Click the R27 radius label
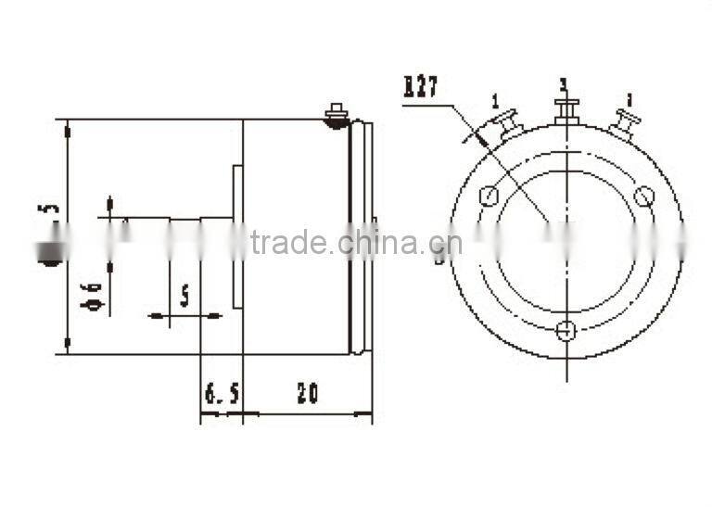421,88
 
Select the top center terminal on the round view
565,111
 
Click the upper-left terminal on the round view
504,125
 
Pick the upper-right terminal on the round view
626,123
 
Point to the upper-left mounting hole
489,196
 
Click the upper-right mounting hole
643,196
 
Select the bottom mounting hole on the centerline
566,330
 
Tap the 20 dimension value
307,393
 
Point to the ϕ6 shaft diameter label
93,295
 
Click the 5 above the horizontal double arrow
184,296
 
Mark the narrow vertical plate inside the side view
237,235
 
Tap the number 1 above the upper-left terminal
495,100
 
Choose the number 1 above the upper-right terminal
629,98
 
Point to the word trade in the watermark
289,244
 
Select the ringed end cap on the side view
362,236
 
